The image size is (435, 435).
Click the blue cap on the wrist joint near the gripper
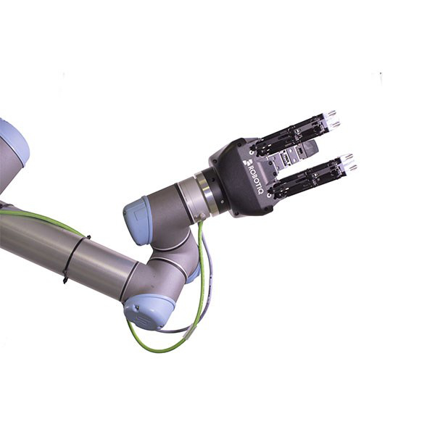(x=137, y=219)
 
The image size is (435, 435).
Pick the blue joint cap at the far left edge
(x=14, y=141)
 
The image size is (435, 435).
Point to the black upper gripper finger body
(x=290, y=135)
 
